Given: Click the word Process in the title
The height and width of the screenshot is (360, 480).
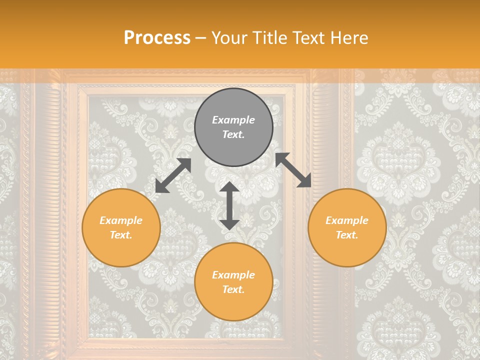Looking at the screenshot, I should [x=157, y=38].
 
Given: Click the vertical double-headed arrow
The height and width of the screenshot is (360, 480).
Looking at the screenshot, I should [x=229, y=205].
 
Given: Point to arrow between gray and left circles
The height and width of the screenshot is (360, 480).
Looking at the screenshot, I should [x=173, y=175].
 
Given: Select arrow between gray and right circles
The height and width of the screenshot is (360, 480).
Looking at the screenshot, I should [x=293, y=170].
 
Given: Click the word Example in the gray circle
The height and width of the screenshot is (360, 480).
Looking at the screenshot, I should [x=233, y=120].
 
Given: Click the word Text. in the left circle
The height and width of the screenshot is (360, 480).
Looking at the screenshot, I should [x=121, y=235].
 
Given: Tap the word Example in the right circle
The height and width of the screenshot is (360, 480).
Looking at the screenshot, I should [x=347, y=220].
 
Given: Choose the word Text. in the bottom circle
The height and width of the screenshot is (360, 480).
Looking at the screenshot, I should [x=233, y=289].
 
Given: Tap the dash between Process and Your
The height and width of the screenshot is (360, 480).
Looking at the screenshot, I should [x=201, y=38].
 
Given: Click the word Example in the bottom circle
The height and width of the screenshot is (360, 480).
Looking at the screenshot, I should [x=233, y=275].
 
